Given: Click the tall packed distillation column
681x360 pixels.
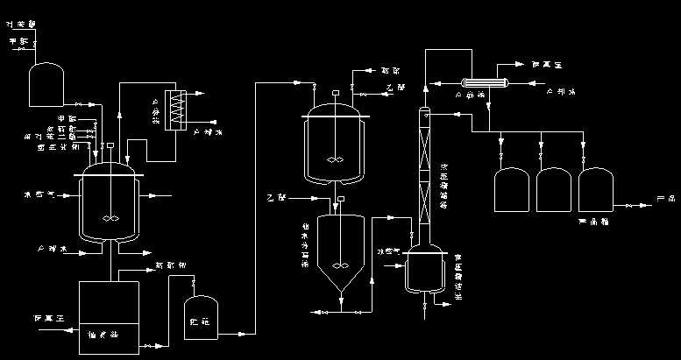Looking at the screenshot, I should point(423,175).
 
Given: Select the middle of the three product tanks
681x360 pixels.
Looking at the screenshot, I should point(555,193).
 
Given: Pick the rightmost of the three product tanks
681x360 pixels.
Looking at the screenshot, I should point(596,193).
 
